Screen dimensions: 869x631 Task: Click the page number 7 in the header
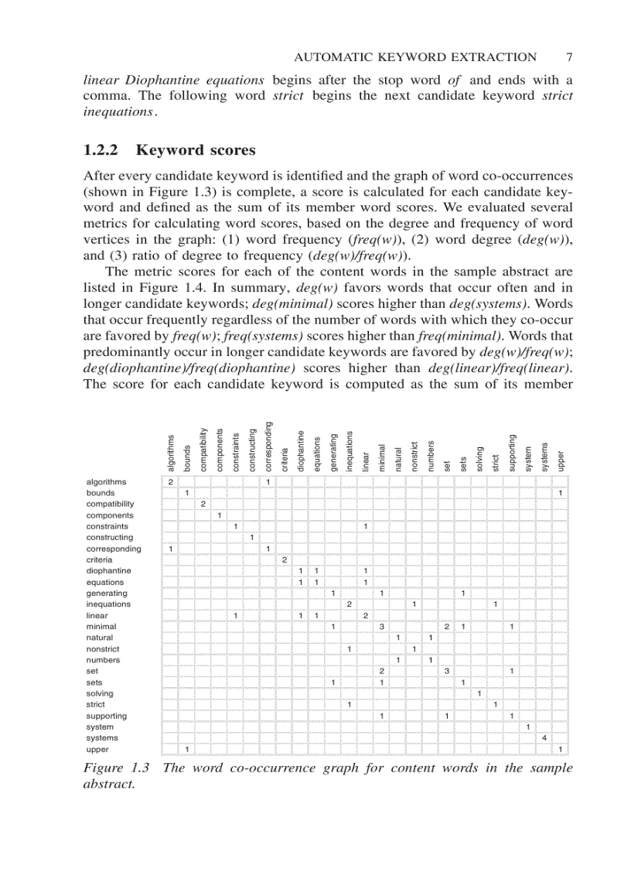[568, 56]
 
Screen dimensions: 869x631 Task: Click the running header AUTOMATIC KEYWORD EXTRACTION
[416, 56]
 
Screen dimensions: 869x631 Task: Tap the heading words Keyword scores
[206, 150]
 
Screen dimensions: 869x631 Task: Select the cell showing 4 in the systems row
[544, 738]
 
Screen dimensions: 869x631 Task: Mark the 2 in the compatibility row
[203, 504]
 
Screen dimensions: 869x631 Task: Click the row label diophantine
[108, 571]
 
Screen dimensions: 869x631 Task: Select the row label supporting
[107, 716]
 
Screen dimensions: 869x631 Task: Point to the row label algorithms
[106, 481]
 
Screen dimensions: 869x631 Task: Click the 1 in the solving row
[479, 693]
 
